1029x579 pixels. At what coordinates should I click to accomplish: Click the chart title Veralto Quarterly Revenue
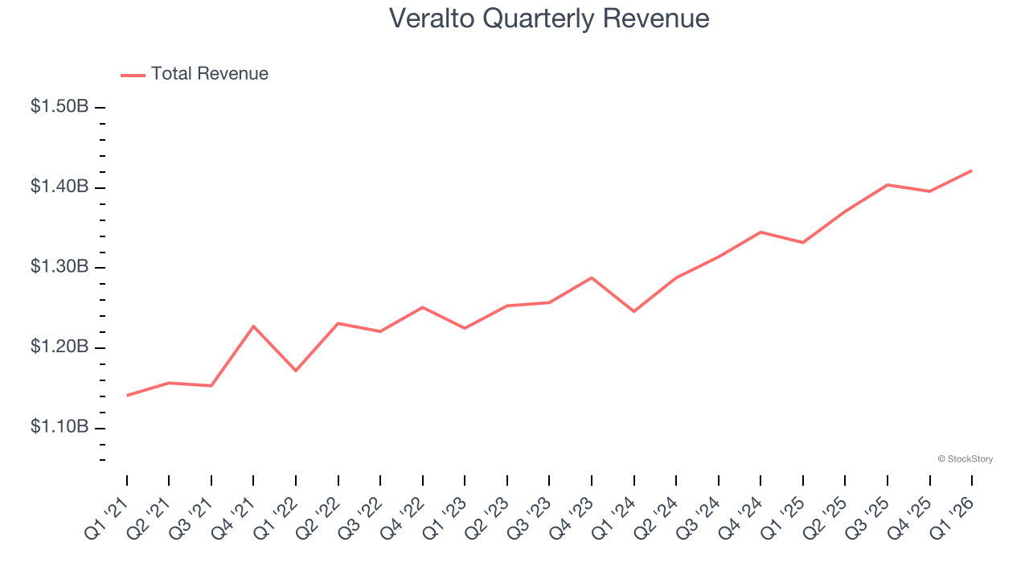point(549,18)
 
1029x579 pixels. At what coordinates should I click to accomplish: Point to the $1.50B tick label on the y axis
point(59,106)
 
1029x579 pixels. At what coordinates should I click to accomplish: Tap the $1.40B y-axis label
point(59,187)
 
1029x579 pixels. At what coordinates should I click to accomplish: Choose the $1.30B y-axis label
point(59,266)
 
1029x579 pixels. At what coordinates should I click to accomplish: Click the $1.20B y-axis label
point(59,347)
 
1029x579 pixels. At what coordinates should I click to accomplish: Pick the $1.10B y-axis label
point(59,426)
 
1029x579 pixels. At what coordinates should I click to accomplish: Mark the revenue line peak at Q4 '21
point(253,326)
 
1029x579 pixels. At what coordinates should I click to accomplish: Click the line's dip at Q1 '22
point(296,371)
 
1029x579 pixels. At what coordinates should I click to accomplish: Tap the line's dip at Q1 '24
point(633,311)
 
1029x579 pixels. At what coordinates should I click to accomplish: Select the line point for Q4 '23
point(592,277)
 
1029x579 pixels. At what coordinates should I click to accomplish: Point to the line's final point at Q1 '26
point(971,170)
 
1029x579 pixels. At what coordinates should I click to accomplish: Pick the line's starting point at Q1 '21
point(127,396)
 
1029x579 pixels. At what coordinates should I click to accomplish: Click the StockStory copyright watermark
point(965,459)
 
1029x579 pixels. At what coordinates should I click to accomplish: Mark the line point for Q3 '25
point(887,185)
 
